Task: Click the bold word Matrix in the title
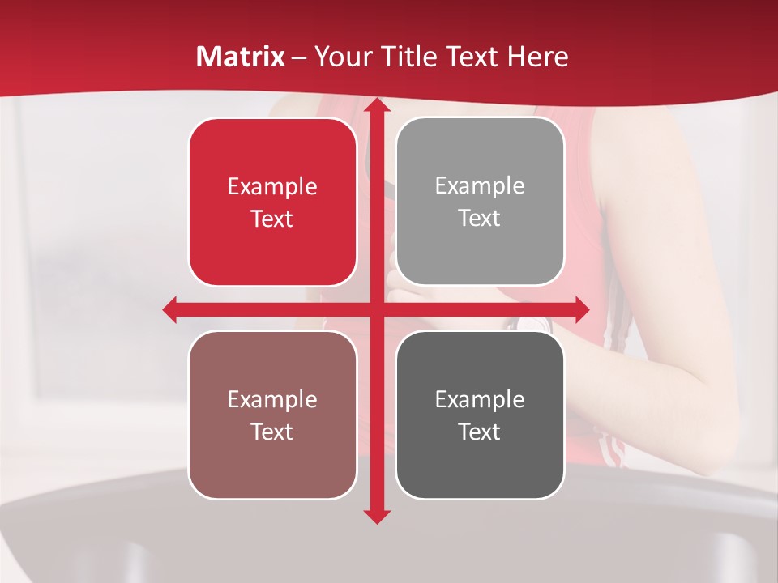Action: coord(241,57)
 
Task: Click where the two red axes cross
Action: coord(376,309)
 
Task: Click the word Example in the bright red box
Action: coord(272,186)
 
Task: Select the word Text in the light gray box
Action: coord(480,219)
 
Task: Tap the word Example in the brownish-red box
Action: coord(272,399)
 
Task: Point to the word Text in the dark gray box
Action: coord(480,432)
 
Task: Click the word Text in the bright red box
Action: coord(272,219)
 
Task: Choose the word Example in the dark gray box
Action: coord(480,399)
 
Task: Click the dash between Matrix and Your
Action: coord(299,57)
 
